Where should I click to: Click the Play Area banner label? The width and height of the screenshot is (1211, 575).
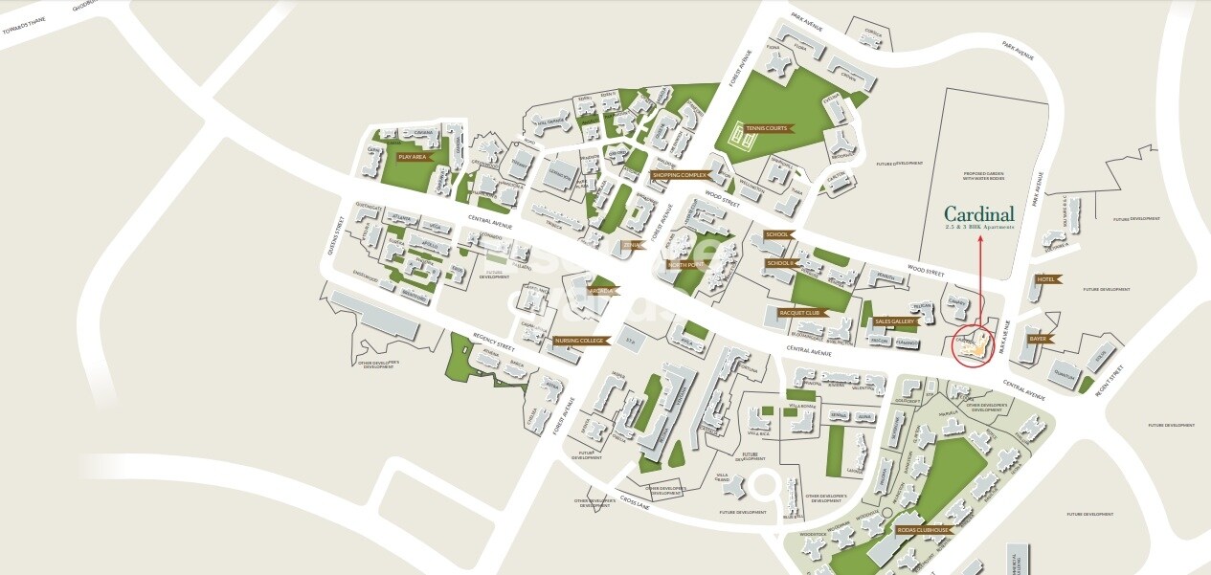(413, 156)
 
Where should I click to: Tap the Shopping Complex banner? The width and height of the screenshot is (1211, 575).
(679, 175)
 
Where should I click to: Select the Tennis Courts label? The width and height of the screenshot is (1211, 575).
(766, 128)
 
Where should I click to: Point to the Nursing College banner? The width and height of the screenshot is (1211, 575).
(579, 340)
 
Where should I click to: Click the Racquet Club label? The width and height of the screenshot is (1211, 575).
(800, 313)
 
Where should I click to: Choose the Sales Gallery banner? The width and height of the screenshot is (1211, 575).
(894, 321)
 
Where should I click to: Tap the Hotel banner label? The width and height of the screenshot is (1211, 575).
(1043, 279)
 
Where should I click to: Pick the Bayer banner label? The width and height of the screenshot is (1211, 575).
(1037, 339)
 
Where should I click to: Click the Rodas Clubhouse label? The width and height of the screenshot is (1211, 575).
(923, 529)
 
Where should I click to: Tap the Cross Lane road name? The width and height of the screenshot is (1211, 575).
(635, 503)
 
